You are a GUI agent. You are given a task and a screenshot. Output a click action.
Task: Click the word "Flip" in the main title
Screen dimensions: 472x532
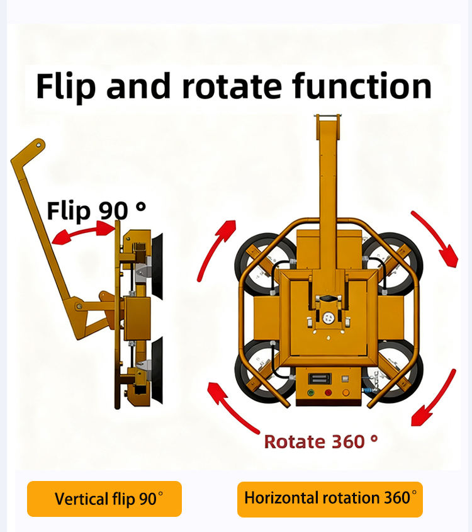(x=64, y=86)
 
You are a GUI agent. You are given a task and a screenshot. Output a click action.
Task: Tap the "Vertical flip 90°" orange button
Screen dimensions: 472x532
(x=104, y=499)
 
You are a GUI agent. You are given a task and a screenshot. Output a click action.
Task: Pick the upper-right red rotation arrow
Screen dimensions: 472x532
(x=434, y=238)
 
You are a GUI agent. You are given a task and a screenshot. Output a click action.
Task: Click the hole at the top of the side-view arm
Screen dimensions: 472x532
(x=39, y=145)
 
